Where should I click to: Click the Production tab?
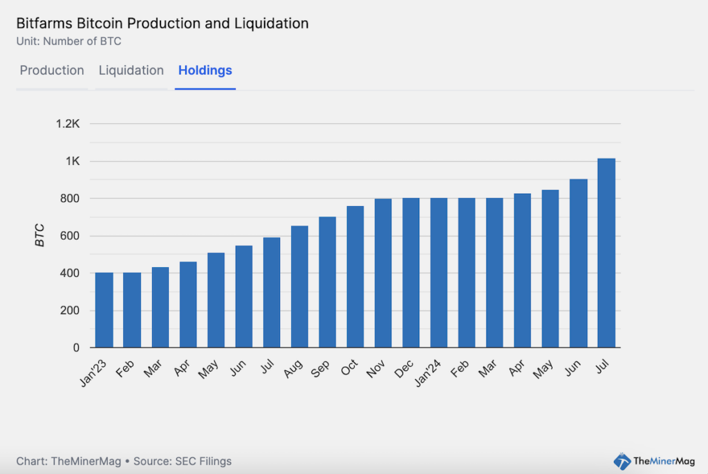[52, 71]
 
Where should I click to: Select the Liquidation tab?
[131, 71]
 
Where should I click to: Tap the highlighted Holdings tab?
[205, 71]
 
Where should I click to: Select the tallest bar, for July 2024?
[606, 253]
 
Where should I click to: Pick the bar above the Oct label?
[355, 277]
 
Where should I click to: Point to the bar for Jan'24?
[439, 273]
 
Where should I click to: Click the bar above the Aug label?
[299, 286]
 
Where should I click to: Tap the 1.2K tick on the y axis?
[68, 124]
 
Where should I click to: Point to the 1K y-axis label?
[73, 161]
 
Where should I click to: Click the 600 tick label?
[71, 236]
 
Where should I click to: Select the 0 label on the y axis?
[77, 347]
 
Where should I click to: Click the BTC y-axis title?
[40, 236]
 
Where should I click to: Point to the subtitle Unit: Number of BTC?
[68, 41]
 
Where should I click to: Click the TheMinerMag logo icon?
[622, 461]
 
